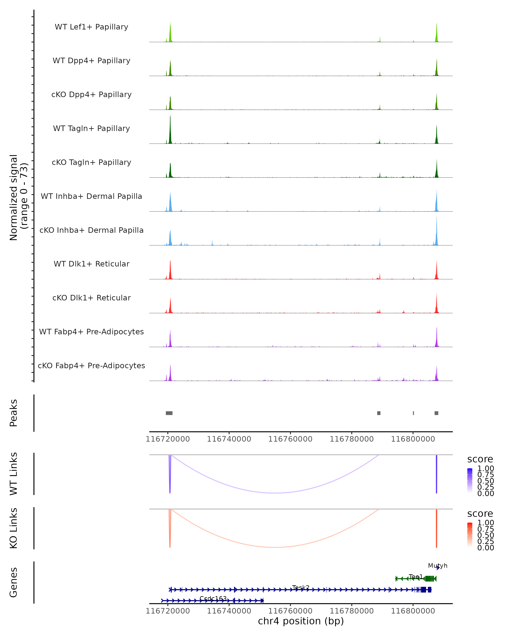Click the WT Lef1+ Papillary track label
pyautogui.click(x=91, y=27)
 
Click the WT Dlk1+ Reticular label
pyautogui.click(x=91, y=264)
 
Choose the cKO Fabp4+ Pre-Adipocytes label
pyautogui.click(x=91, y=365)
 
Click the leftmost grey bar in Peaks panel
pyautogui.click(x=169, y=413)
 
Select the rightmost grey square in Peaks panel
pyautogui.click(x=436, y=413)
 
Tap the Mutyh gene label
pyautogui.click(x=438, y=565)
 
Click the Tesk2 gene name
pyautogui.click(x=301, y=587)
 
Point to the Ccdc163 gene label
pyautogui.click(x=213, y=598)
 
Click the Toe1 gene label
pyautogui.click(x=415, y=576)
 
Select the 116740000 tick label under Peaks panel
pyautogui.click(x=229, y=439)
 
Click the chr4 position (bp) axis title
pyautogui.click(x=301, y=621)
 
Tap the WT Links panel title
pyautogui.click(x=14, y=474)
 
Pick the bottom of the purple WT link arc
pyautogui.click(x=275, y=493)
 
